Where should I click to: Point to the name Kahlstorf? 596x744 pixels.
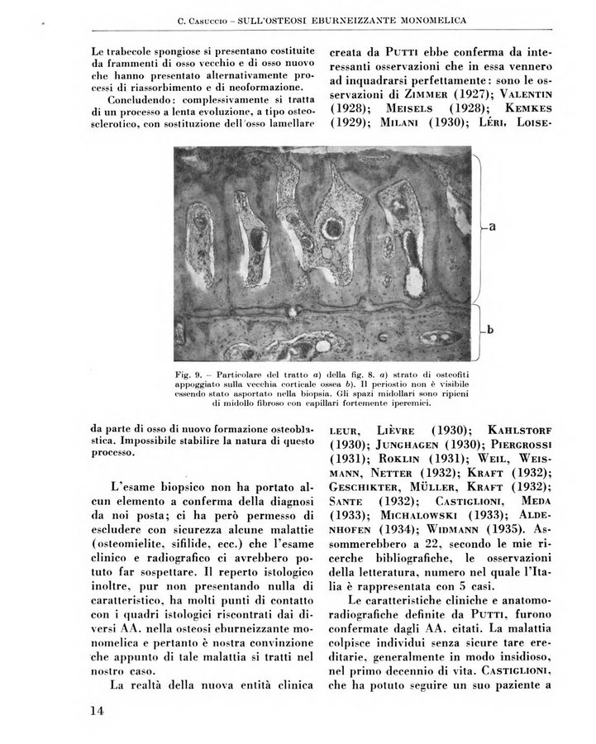[x=521, y=430]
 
